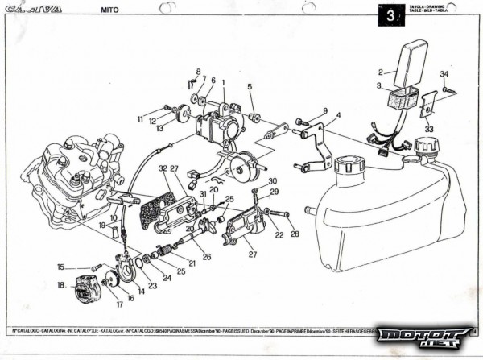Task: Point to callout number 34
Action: point(444,74)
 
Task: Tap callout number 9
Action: point(324,110)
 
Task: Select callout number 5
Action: point(250,86)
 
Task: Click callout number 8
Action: point(199,72)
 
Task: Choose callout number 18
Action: point(60,284)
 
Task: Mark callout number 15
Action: point(60,267)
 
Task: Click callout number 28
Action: point(294,234)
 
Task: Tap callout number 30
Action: point(272,181)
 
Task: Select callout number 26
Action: point(207,257)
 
